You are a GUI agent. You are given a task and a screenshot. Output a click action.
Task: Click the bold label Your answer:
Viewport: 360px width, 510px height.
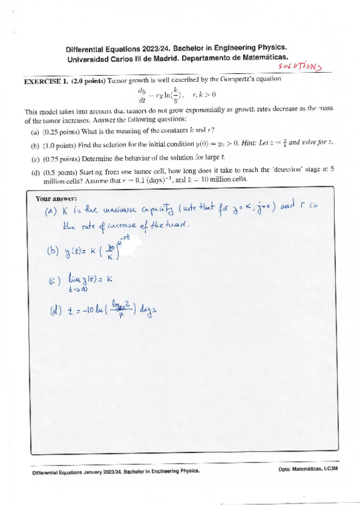56,198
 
